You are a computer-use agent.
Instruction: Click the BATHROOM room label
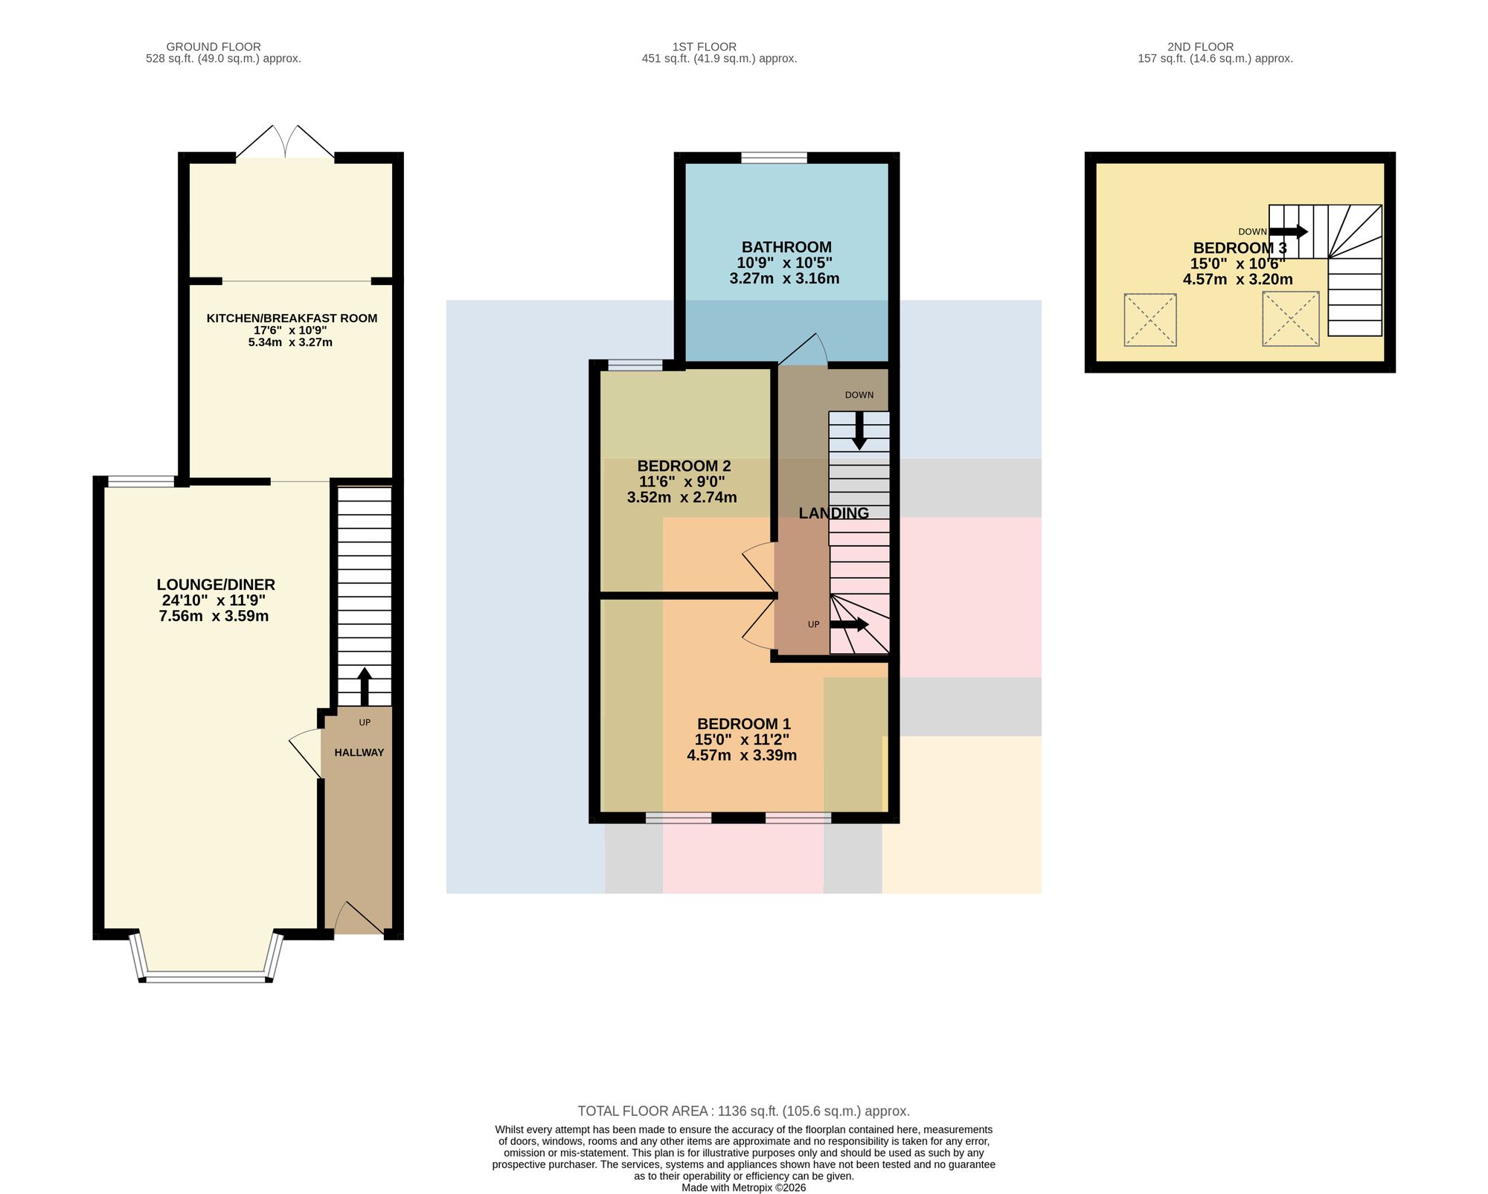coord(786,247)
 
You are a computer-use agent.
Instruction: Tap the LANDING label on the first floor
coord(833,513)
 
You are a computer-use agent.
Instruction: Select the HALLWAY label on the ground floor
coord(359,753)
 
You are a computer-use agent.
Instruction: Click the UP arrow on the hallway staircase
coord(365,687)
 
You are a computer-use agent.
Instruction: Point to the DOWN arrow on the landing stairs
coord(859,431)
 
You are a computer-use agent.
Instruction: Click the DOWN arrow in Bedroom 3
coord(1289,231)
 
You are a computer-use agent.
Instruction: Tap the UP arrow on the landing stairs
coord(850,625)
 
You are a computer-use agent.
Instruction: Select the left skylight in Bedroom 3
coord(1150,320)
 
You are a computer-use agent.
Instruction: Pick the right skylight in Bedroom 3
coord(1291,319)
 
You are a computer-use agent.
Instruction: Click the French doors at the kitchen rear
coord(286,141)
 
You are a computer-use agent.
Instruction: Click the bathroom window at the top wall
coord(775,158)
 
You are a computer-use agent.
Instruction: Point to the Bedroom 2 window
coord(635,365)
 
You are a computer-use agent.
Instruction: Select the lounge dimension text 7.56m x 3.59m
coord(214,616)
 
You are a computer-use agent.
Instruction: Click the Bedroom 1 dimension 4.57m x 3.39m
coord(742,756)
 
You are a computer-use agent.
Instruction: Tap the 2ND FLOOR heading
coord(1201,47)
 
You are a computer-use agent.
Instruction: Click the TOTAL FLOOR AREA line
coord(744,1111)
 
